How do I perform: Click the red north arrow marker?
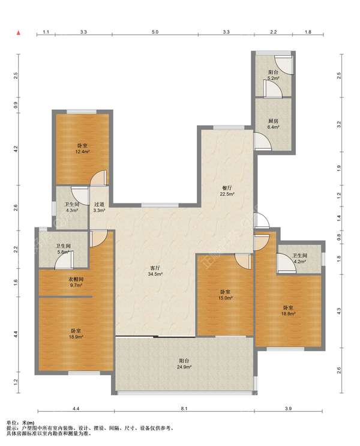point(19,33)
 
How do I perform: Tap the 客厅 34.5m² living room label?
point(155,271)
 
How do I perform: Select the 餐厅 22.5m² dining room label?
point(227,191)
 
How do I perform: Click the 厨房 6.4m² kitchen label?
point(273,124)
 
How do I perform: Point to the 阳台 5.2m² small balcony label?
point(273,75)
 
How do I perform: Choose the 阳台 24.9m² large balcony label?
point(184,364)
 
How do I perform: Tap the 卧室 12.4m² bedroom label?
point(82,148)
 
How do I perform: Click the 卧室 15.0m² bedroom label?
point(226,295)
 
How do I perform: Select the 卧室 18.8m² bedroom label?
point(288,310)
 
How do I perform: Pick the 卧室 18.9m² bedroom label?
point(76,334)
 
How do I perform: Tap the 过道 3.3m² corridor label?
point(99,207)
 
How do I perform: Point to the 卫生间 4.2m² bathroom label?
point(300,258)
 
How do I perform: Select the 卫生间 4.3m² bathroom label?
point(71,207)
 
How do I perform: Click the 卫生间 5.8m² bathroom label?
point(63,249)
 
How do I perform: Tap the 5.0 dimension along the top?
point(155,32)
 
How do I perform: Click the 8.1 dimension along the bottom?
point(184,409)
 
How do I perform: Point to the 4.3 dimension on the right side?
point(338,311)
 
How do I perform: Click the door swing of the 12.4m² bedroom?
point(98,178)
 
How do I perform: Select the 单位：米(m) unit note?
point(20,423)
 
